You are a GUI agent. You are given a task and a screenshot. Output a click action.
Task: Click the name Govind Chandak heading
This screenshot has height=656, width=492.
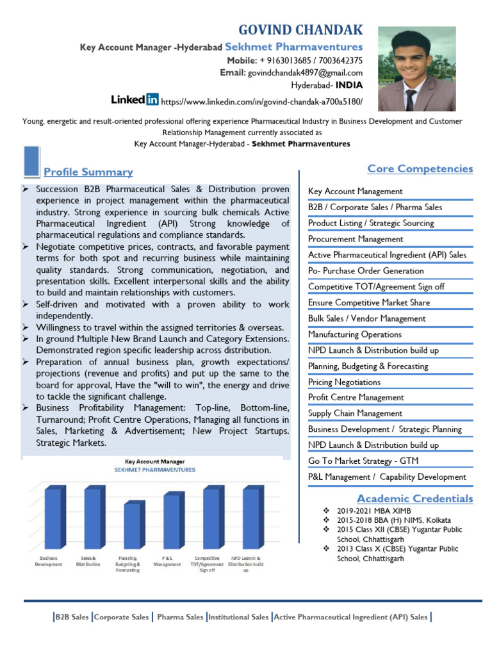click(300, 29)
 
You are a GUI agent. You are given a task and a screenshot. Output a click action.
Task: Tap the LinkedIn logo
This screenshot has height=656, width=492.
click(135, 99)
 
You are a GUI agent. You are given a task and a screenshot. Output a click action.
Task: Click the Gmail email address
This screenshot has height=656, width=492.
click(305, 72)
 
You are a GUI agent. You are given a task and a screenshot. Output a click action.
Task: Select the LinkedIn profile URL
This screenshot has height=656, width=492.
click(261, 101)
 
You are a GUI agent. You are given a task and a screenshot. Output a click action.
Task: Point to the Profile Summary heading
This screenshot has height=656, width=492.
click(88, 172)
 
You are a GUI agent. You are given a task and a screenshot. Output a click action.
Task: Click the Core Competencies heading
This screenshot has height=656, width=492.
click(420, 168)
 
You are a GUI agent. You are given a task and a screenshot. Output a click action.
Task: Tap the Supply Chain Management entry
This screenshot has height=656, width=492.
click(355, 413)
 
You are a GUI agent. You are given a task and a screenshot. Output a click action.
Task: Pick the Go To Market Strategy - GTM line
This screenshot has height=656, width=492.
click(363, 461)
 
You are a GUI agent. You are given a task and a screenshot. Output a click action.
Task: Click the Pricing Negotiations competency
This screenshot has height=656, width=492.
click(344, 382)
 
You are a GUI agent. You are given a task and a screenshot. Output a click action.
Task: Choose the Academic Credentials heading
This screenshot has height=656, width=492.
click(414, 498)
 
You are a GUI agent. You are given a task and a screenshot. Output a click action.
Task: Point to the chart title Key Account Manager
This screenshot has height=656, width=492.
click(154, 461)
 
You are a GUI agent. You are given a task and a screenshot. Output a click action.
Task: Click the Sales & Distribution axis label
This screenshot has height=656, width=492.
click(88, 561)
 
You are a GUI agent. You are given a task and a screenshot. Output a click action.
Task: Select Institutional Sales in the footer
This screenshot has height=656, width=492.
click(238, 617)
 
